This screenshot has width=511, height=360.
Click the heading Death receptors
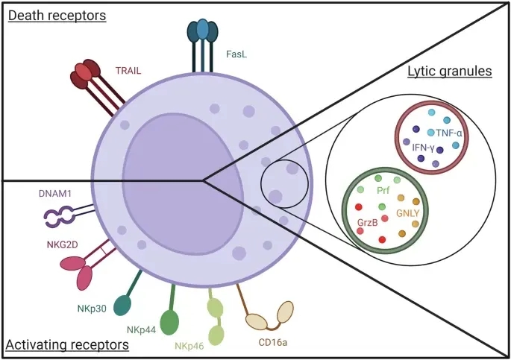click(x=57, y=14)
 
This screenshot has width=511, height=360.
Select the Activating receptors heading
click(x=66, y=345)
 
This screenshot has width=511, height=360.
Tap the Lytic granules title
click(x=449, y=72)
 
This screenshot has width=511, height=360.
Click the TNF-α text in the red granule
click(x=450, y=133)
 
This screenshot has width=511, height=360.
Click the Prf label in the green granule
click(x=394, y=191)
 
